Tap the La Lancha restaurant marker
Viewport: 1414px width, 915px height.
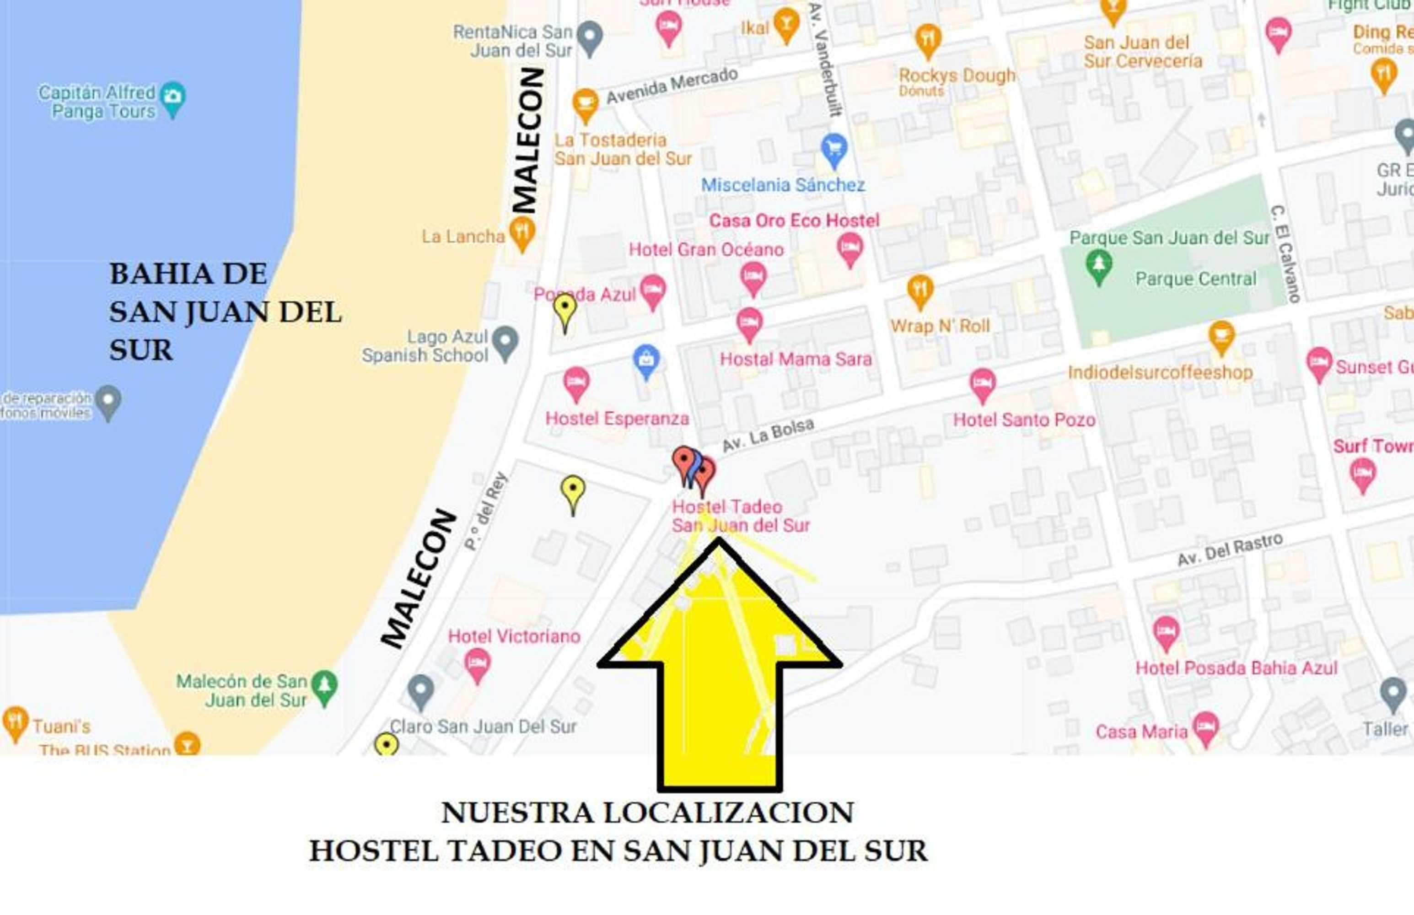tap(522, 232)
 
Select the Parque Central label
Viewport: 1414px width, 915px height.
tap(1195, 279)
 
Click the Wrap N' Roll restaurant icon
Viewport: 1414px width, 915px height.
tap(919, 291)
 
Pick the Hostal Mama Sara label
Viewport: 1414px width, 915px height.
tap(796, 359)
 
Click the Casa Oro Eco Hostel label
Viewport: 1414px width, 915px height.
tap(794, 221)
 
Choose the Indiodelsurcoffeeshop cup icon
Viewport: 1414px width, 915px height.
tap(1221, 336)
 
